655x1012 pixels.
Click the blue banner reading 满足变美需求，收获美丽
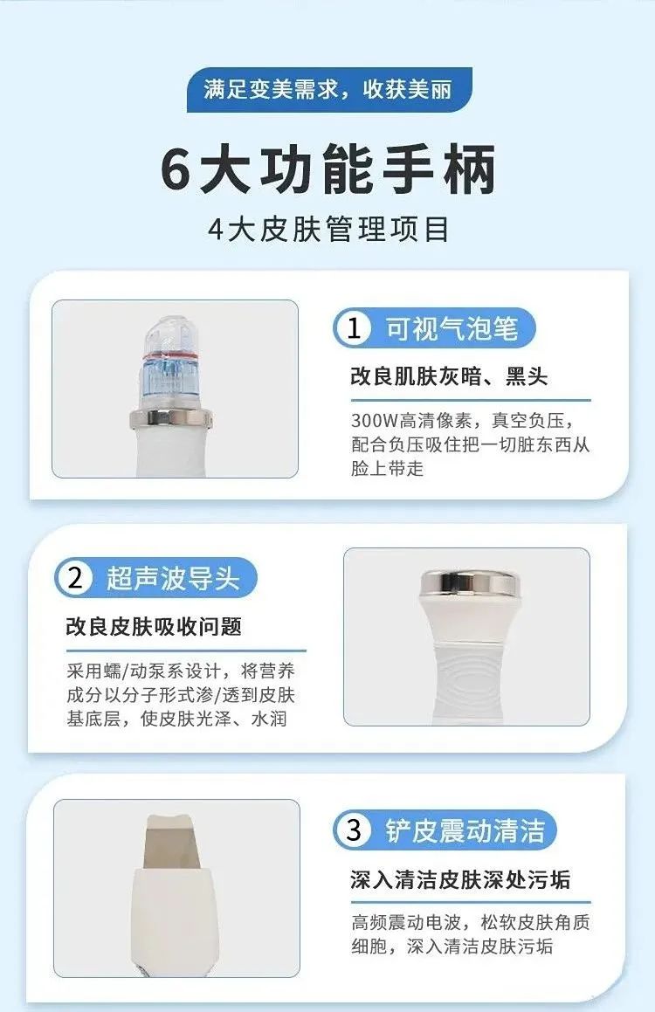(329, 89)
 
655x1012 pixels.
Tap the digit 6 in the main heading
(176, 169)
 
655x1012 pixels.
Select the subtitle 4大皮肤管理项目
(328, 230)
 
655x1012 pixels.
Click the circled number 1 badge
(353, 327)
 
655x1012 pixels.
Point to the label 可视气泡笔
(452, 328)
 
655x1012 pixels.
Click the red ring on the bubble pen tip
(171, 355)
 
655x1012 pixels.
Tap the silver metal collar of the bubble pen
(170, 418)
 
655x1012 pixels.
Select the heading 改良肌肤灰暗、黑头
(449, 375)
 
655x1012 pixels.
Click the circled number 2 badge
(75, 578)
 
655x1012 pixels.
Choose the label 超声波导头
(173, 578)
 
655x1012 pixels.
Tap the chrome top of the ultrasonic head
(468, 582)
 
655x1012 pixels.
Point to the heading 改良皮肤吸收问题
(154, 626)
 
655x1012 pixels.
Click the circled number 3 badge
(353, 830)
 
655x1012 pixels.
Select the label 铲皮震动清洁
(465, 830)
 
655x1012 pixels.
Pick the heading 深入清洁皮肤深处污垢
(460, 879)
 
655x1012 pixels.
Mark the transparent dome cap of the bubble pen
(169, 334)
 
